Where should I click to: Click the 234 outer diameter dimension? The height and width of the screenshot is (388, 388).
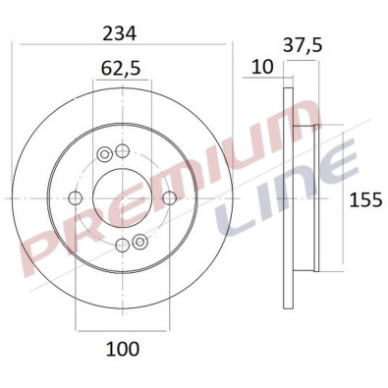point(119,33)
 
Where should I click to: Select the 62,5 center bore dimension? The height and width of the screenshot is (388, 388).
point(121,69)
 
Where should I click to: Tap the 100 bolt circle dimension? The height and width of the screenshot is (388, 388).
point(123,349)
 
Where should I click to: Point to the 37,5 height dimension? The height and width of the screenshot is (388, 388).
point(303,45)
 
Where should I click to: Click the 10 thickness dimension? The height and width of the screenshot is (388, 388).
point(262,67)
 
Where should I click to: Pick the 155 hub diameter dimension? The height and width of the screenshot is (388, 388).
point(365,199)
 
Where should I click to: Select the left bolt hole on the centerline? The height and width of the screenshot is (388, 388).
point(76,198)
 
